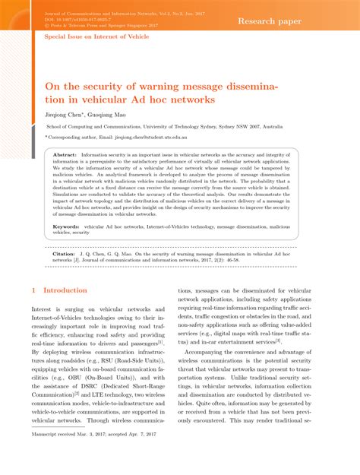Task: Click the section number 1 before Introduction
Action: click(x=34, y=290)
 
